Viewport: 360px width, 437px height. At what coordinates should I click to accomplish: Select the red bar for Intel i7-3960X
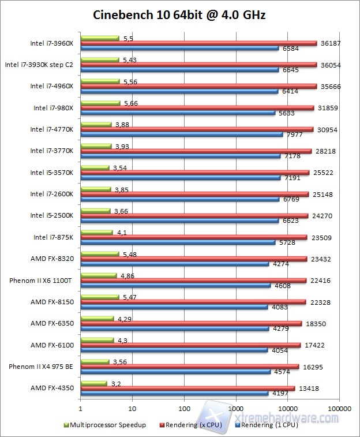click(x=199, y=43)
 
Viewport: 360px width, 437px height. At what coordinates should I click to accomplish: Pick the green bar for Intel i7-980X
click(x=100, y=103)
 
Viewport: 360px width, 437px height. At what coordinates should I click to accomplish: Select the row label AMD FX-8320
click(x=52, y=259)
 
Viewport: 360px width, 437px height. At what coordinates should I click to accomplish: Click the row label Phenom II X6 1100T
click(x=41, y=281)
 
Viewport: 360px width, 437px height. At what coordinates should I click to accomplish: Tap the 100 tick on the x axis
click(x=184, y=408)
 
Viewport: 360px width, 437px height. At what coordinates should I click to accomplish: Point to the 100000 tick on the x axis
click(x=339, y=408)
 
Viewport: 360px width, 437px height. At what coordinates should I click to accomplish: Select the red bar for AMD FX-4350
click(x=187, y=389)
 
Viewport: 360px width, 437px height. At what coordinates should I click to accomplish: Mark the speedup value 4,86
click(x=127, y=276)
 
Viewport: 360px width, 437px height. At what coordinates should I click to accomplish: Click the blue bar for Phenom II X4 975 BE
click(x=175, y=371)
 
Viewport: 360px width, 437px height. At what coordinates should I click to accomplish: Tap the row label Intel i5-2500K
click(x=52, y=216)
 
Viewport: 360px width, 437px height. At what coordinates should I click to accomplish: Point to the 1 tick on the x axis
click(x=81, y=408)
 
